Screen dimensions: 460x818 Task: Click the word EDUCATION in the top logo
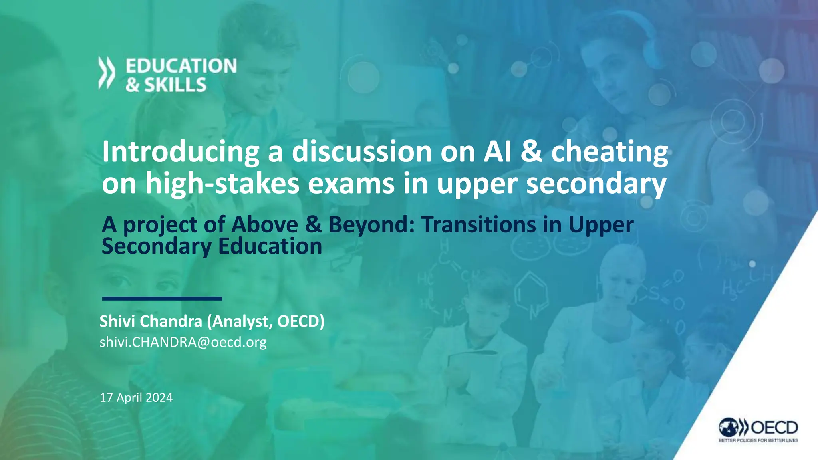click(181, 66)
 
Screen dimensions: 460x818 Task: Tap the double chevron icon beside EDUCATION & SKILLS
click(107, 73)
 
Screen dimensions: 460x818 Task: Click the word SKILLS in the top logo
click(175, 85)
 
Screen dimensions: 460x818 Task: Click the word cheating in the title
click(610, 152)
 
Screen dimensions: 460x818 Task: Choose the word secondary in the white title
click(596, 183)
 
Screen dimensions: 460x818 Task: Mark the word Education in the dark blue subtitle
click(270, 246)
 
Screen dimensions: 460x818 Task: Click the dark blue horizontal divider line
click(162, 298)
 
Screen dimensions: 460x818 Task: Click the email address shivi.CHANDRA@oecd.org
click(183, 342)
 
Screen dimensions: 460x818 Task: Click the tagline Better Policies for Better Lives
click(758, 440)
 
